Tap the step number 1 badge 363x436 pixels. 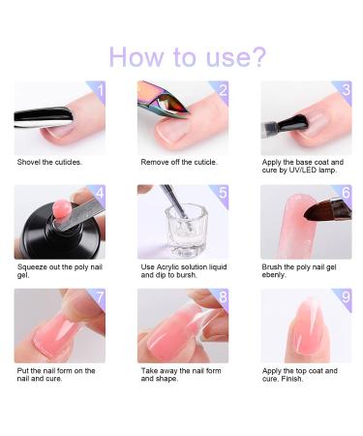[96, 90]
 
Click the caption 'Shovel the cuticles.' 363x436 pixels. [50, 161]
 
